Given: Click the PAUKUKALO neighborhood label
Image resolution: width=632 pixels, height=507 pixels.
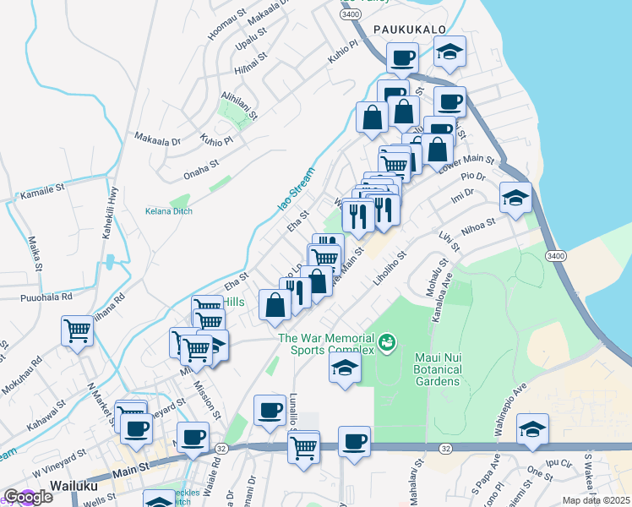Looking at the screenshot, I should pos(409,29).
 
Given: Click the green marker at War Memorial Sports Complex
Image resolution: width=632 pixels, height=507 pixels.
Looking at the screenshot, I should pos(388,342).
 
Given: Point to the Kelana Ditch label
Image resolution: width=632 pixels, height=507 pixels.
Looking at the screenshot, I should pos(169,210).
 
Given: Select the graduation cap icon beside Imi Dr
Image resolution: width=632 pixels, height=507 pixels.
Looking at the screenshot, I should pos(515,198).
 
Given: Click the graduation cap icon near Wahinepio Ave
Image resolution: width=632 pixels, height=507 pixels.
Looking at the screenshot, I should pos(532,428).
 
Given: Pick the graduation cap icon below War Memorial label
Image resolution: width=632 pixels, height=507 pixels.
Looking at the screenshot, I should pos(345,368).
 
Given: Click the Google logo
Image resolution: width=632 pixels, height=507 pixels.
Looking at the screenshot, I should pos(28,497).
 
